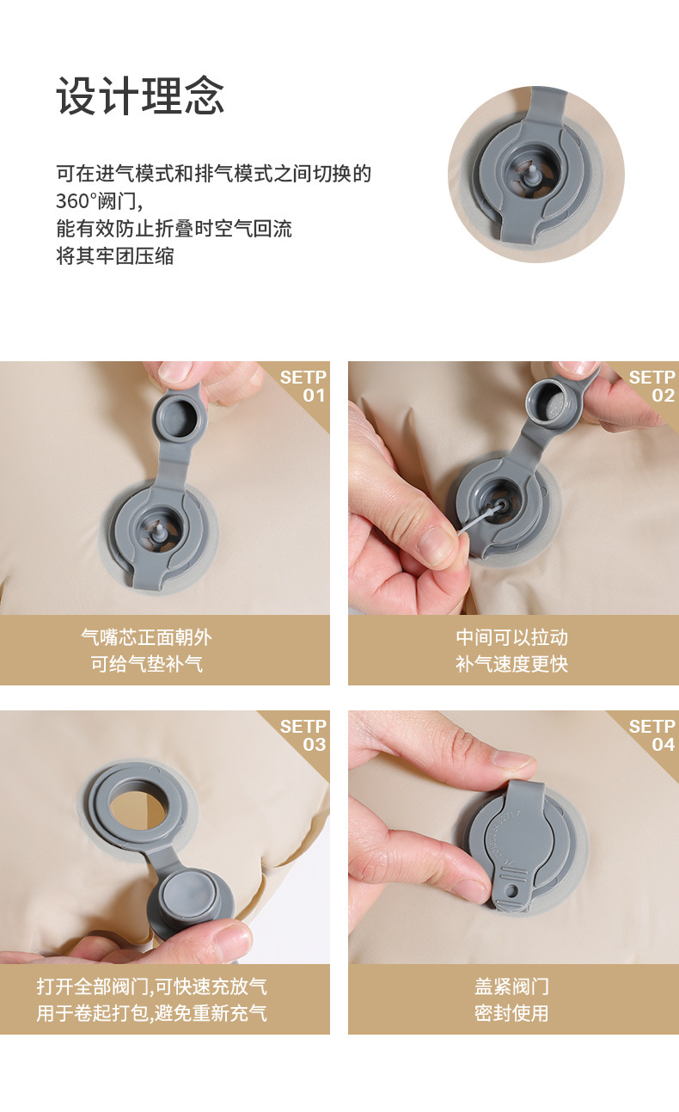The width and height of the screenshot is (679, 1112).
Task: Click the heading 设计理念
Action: click(x=140, y=95)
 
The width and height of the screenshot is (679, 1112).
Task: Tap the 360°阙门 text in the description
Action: click(x=98, y=201)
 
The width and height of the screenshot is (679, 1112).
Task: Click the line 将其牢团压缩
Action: click(x=114, y=256)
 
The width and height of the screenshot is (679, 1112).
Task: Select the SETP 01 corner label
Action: click(x=303, y=386)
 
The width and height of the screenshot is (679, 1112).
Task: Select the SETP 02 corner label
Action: click(x=651, y=386)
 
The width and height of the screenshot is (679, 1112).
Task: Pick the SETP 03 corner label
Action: click(x=303, y=735)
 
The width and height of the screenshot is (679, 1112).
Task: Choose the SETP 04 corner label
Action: click(x=651, y=735)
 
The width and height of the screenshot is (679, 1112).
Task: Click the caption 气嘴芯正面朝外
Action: click(x=146, y=637)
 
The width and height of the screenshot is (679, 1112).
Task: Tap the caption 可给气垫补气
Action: click(x=146, y=664)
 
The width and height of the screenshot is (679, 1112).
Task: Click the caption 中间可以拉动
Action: click(x=511, y=637)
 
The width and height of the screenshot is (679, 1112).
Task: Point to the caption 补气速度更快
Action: click(x=511, y=664)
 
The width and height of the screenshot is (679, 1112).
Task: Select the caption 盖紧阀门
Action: click(x=511, y=986)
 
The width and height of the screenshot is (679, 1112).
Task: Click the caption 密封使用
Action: click(x=511, y=1013)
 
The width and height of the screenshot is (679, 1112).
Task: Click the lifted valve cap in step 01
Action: click(x=180, y=417)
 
